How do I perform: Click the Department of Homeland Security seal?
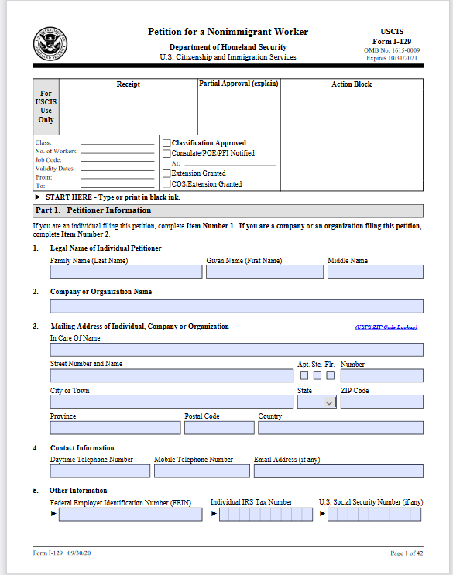(50, 44)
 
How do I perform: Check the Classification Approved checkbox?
(166, 143)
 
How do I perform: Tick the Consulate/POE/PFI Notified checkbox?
(166, 153)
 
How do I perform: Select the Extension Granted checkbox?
(166, 173)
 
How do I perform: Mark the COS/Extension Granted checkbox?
(166, 184)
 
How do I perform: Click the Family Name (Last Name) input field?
(126, 272)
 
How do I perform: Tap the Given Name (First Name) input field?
(264, 272)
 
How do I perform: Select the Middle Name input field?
(375, 272)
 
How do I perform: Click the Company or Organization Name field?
(236, 306)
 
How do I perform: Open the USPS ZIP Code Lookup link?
(386, 327)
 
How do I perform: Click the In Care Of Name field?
(236, 350)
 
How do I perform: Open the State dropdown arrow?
(329, 402)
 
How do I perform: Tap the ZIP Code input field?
(382, 402)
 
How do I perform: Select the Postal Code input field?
(218, 428)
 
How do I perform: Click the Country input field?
(341, 428)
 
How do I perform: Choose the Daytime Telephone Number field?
(100, 471)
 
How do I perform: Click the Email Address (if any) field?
(338, 471)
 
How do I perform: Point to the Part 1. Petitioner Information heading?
(94, 210)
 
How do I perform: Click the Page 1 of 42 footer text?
(407, 553)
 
